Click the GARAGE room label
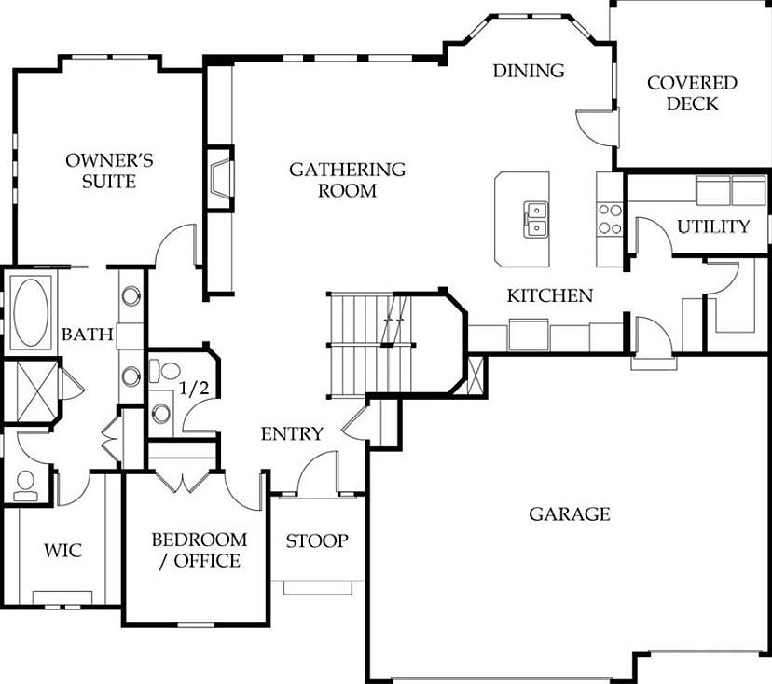[570, 513]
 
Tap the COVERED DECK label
[692, 92]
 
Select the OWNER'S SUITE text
[109, 171]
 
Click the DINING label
[529, 71]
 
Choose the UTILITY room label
[713, 226]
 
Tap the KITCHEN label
[549, 296]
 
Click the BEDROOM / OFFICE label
[200, 550]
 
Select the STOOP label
[317, 540]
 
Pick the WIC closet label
[62, 551]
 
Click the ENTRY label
[292, 434]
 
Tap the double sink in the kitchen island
[535, 219]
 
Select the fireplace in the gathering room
[219, 179]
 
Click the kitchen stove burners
[609, 218]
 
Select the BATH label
[87, 334]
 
